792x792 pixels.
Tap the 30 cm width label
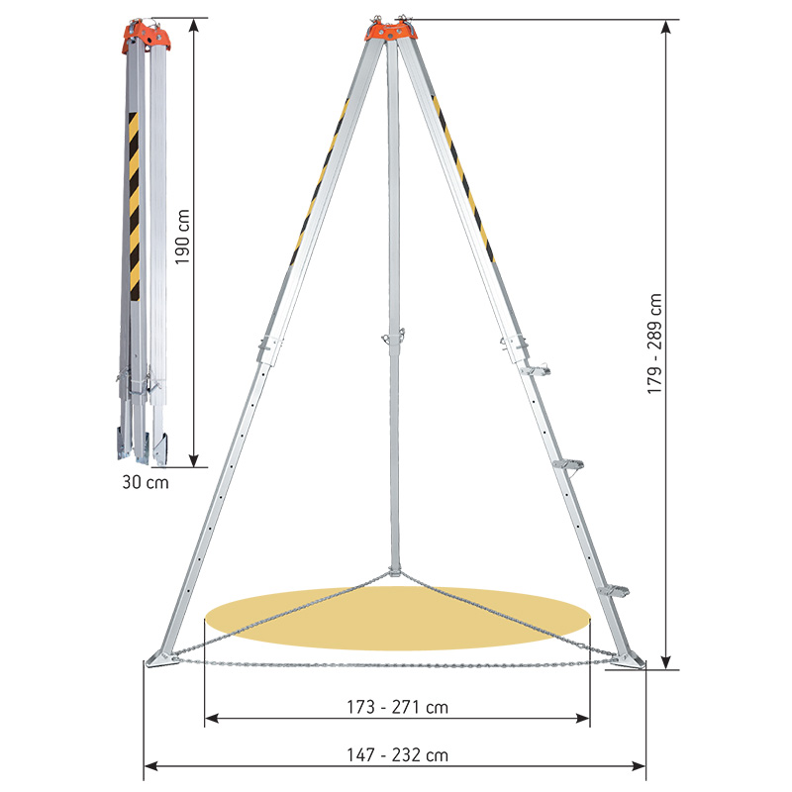pyautogui.click(x=145, y=483)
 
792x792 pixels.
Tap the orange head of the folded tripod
pyautogui.click(x=147, y=36)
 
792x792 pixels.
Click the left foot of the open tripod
pyautogui.click(x=158, y=658)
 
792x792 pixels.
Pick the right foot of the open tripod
pyautogui.click(x=626, y=660)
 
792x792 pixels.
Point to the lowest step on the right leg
pyautogui.click(x=613, y=591)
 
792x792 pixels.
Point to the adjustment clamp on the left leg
pyautogui.click(x=268, y=347)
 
